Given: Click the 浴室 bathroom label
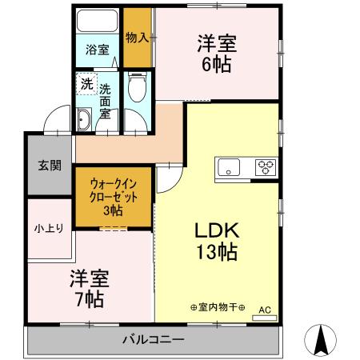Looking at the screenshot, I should pyautogui.click(x=98, y=49).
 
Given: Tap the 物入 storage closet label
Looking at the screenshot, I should pyautogui.click(x=136, y=38).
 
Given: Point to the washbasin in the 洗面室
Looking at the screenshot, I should pyautogui.click(x=83, y=121).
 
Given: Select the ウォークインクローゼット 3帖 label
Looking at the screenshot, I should pyautogui.click(x=112, y=196).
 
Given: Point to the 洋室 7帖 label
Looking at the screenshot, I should pyautogui.click(x=88, y=289).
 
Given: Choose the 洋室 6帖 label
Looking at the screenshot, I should pyautogui.click(x=216, y=54).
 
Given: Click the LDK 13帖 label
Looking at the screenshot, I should pyautogui.click(x=216, y=241).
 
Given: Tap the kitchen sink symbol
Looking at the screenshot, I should pyautogui.click(x=229, y=167).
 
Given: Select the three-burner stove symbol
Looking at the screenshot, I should pyautogui.click(x=265, y=167).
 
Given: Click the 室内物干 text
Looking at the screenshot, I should pyautogui.click(x=217, y=307).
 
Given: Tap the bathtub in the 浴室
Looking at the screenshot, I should pyautogui.click(x=98, y=22).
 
